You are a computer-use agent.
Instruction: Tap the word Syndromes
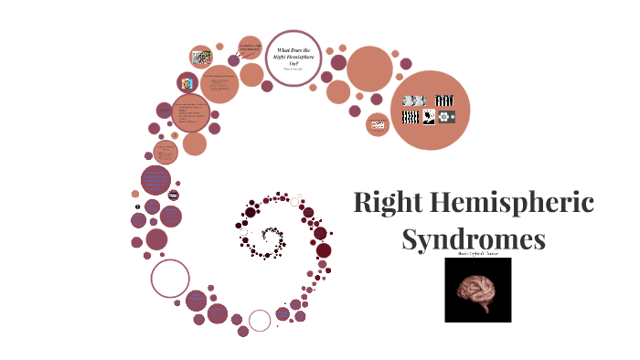[x=474, y=239]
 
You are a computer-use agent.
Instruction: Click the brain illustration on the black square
[x=477, y=290]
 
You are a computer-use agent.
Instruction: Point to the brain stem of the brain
[x=485, y=310]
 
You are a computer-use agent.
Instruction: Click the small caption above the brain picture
[x=475, y=255]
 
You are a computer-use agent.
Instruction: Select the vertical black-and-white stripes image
[x=444, y=100]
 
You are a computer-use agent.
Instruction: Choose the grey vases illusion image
[x=414, y=100]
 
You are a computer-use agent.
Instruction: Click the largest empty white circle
[x=170, y=279]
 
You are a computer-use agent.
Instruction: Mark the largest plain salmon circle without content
[x=369, y=69]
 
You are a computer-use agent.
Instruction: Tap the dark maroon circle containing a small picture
[x=188, y=83]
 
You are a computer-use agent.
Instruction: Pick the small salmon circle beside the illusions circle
[x=378, y=124]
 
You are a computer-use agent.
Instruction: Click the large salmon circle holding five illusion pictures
[x=430, y=110]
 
